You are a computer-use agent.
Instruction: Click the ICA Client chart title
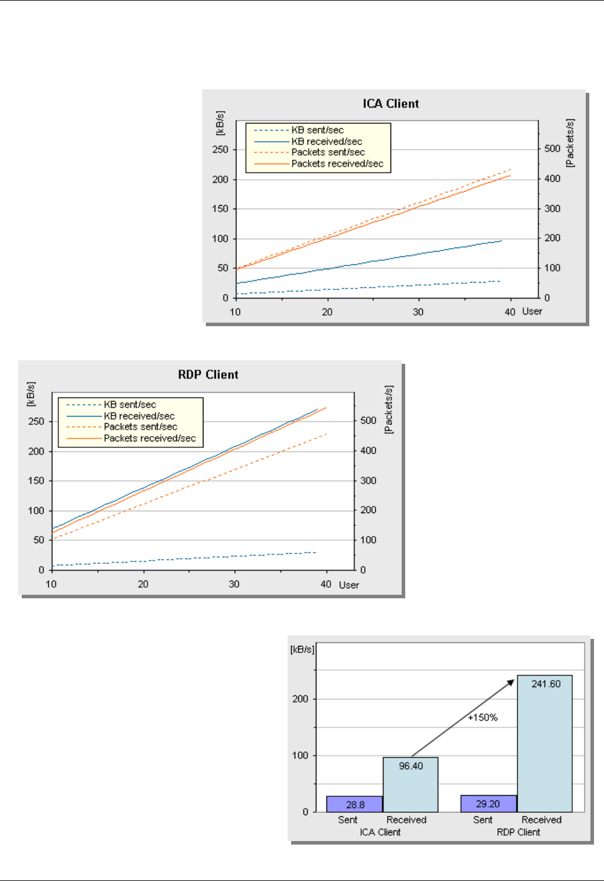(391, 104)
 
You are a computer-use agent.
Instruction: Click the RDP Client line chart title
(208, 375)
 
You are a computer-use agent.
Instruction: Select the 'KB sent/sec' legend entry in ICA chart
(318, 130)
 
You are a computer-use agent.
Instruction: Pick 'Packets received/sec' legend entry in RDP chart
(149, 438)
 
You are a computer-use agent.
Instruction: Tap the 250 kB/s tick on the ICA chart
(221, 149)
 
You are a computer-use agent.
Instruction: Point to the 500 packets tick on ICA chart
(552, 149)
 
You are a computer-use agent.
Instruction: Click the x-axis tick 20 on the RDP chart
(143, 584)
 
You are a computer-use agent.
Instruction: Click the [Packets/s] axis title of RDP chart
(389, 410)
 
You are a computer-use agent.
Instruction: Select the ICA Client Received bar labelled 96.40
(411, 785)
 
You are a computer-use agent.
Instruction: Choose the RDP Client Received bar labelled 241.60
(545, 743)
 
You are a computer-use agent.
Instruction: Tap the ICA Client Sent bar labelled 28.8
(355, 804)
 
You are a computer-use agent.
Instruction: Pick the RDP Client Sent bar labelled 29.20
(488, 803)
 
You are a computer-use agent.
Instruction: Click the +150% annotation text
(483, 717)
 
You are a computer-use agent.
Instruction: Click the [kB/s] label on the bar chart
(302, 649)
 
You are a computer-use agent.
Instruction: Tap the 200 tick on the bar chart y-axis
(300, 699)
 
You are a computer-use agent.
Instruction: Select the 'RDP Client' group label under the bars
(518, 832)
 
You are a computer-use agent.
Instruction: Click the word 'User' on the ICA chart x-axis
(532, 311)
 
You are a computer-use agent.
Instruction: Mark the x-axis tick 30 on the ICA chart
(418, 312)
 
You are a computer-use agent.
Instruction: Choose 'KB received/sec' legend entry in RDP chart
(139, 416)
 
